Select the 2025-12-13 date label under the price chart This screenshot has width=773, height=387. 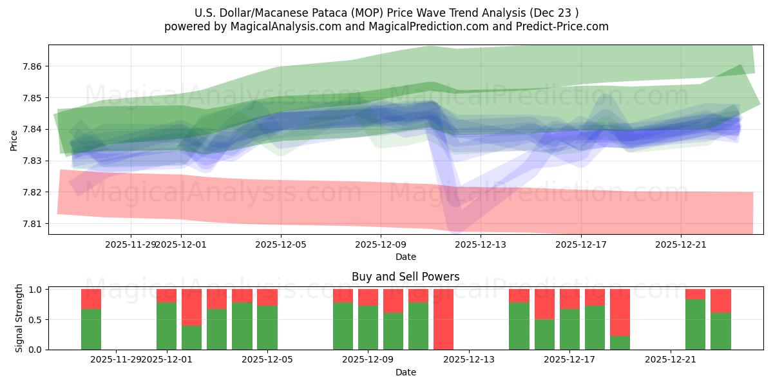[x=481, y=244]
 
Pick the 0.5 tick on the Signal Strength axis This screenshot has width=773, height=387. [x=35, y=319]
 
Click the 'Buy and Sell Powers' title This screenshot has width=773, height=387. [x=405, y=277]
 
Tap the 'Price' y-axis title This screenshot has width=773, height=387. [x=14, y=140]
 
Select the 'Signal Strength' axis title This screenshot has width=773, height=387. [x=19, y=318]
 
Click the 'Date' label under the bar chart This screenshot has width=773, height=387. [x=405, y=372]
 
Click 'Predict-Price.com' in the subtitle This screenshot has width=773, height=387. [x=562, y=26]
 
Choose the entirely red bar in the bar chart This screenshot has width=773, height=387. [x=443, y=319]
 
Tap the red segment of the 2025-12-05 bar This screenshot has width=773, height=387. [x=267, y=297]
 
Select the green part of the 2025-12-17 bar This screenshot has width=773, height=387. [x=569, y=330]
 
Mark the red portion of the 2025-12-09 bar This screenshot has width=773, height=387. [x=368, y=297]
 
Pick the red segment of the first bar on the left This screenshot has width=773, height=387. [x=91, y=299]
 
